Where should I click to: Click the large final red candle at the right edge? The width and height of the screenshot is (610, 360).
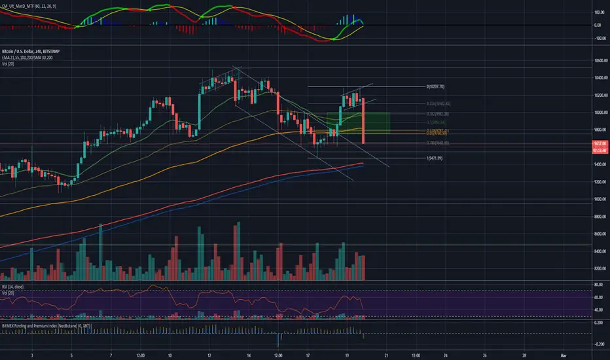pyautogui.click(x=363, y=121)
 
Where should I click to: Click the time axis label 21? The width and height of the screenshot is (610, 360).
pyautogui.click(x=387, y=355)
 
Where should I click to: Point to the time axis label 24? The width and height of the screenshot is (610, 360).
pyautogui.click(x=446, y=355)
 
